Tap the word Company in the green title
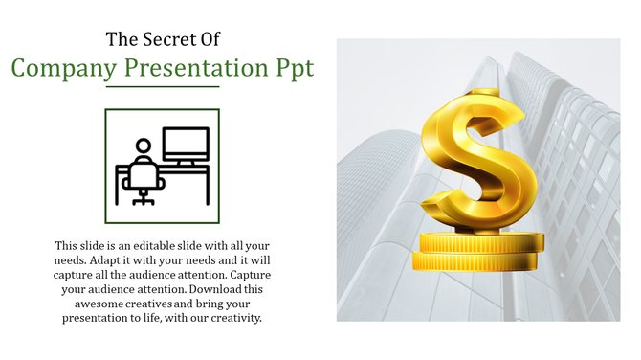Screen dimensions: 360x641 (x=65, y=68)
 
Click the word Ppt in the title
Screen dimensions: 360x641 (x=291, y=69)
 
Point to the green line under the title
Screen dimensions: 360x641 (x=162, y=87)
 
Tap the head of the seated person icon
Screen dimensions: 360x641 (x=144, y=146)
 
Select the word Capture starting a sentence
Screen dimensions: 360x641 (x=254, y=275)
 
